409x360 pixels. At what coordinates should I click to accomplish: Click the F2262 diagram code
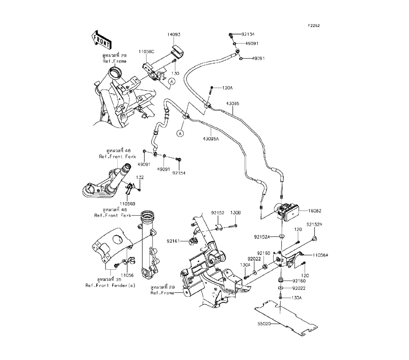coord(314,25)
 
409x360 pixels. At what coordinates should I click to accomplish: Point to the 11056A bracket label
coord(321,255)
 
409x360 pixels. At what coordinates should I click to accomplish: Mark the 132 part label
coord(140,178)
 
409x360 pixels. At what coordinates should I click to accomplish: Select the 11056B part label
coord(128,203)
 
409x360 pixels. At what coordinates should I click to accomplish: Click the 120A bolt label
coord(227,88)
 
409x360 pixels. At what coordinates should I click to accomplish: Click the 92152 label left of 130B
coord(218,213)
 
